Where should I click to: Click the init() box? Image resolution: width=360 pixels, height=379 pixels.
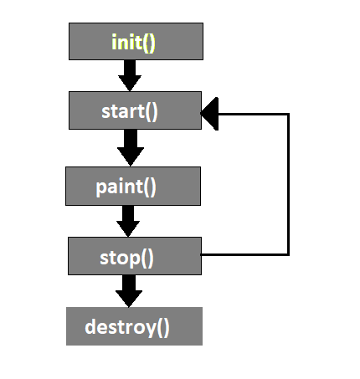(x=136, y=41)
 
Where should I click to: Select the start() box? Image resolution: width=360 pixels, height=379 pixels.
(x=135, y=110)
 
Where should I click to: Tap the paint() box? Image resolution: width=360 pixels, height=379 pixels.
(x=133, y=187)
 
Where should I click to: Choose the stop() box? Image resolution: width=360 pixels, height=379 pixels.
(x=135, y=256)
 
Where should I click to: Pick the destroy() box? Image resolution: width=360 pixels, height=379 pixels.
(x=134, y=326)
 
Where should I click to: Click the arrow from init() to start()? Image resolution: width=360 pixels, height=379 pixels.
(x=130, y=75)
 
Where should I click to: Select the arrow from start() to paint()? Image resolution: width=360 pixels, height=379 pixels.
(x=131, y=148)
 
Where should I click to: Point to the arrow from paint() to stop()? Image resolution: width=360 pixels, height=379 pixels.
(x=128, y=221)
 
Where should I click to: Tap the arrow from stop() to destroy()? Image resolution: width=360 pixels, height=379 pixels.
(x=129, y=291)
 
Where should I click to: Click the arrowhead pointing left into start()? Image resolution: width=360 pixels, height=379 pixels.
(x=209, y=114)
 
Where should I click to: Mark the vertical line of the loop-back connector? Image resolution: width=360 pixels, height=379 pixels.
(x=288, y=184)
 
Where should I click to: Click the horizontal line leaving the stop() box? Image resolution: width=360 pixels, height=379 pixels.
(x=244, y=254)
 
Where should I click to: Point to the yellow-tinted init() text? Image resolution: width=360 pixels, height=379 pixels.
(x=133, y=43)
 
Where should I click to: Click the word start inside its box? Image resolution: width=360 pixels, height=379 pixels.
(x=123, y=111)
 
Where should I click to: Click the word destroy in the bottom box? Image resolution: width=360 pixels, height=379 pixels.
(x=121, y=327)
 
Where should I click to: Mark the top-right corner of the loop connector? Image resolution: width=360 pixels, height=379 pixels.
(x=288, y=115)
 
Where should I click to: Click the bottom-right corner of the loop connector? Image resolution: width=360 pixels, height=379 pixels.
(x=288, y=254)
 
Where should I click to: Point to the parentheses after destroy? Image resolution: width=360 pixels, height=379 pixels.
(x=163, y=328)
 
